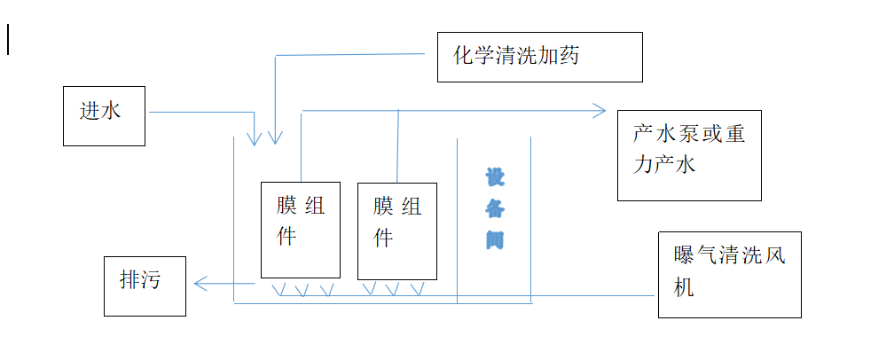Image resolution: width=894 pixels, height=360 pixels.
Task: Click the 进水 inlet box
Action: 104,116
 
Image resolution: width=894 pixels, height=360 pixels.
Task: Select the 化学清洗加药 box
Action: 539,57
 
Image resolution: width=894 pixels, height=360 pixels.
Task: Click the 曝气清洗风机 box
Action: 729,274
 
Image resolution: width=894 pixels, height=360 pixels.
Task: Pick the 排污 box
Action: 145,286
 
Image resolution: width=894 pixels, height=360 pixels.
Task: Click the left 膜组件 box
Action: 301,229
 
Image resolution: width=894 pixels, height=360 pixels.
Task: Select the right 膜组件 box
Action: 396,231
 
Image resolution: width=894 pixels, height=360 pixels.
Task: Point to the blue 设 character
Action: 494,177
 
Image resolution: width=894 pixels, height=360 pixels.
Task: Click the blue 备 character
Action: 494,208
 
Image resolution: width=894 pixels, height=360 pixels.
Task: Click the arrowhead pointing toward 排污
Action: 200,284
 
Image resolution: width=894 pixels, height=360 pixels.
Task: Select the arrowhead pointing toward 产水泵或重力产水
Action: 600,111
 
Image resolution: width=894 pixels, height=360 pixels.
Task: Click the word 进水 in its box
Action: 99,111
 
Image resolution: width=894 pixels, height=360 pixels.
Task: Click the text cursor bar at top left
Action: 9,40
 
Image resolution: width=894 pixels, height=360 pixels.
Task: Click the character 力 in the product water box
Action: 643,165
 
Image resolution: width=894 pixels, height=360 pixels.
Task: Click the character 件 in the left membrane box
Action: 286,238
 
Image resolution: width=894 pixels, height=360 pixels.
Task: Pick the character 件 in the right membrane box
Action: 382,239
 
